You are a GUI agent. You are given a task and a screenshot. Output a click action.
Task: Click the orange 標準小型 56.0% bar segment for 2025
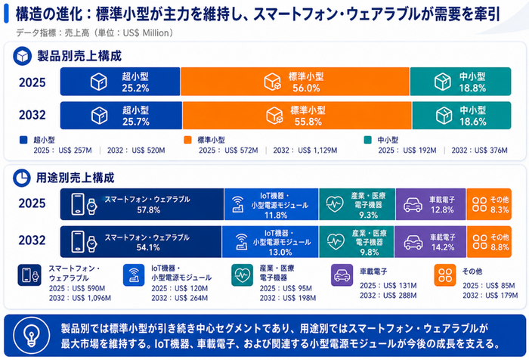point(295,82)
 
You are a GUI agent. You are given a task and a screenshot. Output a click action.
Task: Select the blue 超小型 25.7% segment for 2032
point(121,115)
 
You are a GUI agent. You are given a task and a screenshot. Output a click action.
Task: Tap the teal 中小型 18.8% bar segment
point(460,82)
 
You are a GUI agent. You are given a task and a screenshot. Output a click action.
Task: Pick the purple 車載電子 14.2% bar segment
point(430,242)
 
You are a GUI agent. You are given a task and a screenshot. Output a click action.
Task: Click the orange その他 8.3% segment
point(489,204)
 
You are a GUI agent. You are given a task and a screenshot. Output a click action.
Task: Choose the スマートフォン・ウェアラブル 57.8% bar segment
point(142,204)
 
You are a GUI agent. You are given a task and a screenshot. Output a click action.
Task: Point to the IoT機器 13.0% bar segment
point(271,242)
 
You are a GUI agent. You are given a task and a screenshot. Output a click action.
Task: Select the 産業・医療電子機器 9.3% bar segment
point(357,204)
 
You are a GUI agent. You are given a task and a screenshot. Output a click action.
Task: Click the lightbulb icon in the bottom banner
point(32,335)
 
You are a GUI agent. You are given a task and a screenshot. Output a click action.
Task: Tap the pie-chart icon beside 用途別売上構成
point(22,178)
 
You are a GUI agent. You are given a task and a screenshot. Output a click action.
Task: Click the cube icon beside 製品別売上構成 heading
point(22,56)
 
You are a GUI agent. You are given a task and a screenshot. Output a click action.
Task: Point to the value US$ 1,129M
point(317,151)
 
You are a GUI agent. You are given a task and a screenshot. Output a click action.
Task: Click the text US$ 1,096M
point(91,298)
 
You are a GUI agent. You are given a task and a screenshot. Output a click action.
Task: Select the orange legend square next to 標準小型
point(187,140)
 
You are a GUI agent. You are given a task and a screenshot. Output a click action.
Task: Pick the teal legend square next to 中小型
point(368,140)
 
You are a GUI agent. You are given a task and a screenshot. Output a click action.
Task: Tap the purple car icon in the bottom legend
point(342,275)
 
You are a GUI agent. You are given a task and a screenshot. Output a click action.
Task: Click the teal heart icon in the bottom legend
point(243,275)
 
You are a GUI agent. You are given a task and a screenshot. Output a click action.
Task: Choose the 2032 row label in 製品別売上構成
point(32,115)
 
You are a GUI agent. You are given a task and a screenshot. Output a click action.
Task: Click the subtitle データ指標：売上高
point(53,33)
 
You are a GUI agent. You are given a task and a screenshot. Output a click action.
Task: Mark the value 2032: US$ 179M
point(490,296)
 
